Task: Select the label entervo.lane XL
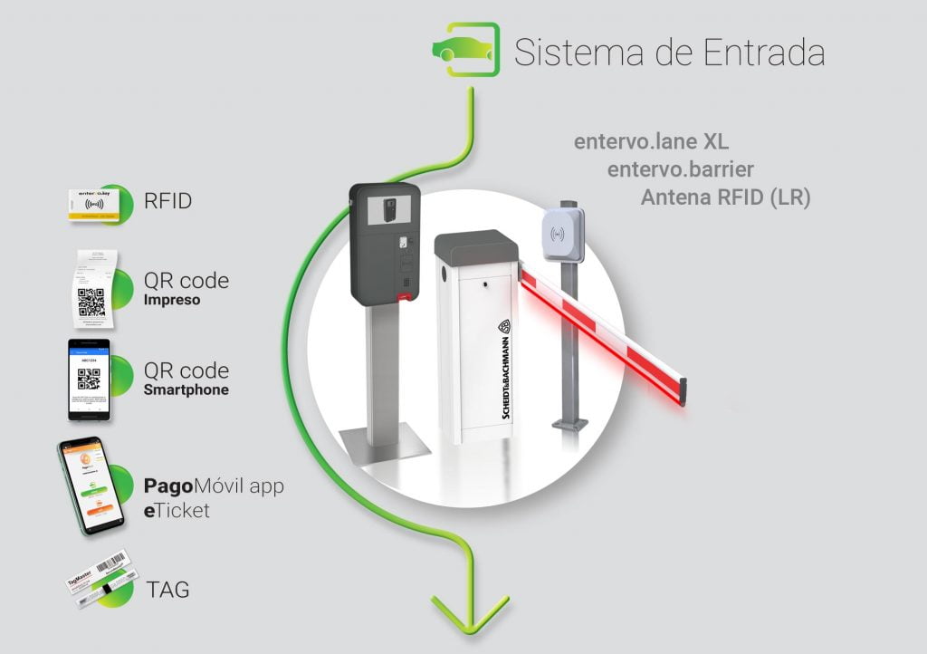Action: click(651, 142)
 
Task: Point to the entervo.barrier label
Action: click(681, 169)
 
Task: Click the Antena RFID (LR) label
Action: click(725, 197)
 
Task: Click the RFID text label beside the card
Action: click(168, 201)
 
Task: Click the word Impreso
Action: click(172, 300)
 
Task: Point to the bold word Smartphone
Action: click(186, 390)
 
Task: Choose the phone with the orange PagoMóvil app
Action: click(90, 486)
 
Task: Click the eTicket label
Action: click(177, 511)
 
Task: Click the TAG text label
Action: click(167, 591)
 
